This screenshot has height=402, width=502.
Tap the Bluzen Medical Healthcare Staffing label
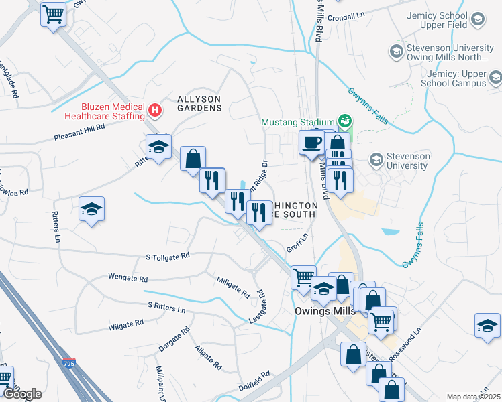point(113,111)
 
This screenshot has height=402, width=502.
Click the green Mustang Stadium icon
point(345,121)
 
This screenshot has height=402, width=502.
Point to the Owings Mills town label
point(324,312)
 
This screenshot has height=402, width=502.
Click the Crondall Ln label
point(346,15)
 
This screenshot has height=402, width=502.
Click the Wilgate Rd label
point(125,324)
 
